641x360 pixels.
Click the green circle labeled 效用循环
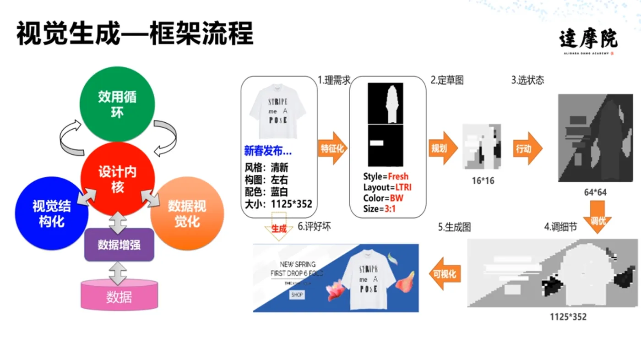[117, 104]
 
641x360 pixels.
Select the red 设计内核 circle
[117, 179]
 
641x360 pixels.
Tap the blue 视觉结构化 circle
[51, 213]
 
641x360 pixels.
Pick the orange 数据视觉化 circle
[187, 213]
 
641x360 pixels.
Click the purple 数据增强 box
[119, 245]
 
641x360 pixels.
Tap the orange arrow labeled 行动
[527, 148]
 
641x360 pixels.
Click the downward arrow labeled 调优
[598, 221]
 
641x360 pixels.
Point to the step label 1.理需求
[334, 80]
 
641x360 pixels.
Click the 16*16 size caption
[483, 181]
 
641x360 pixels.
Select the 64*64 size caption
[595, 192]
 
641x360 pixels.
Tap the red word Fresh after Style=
[398, 176]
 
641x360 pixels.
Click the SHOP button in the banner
[297, 295]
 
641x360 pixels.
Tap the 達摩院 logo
[588, 40]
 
